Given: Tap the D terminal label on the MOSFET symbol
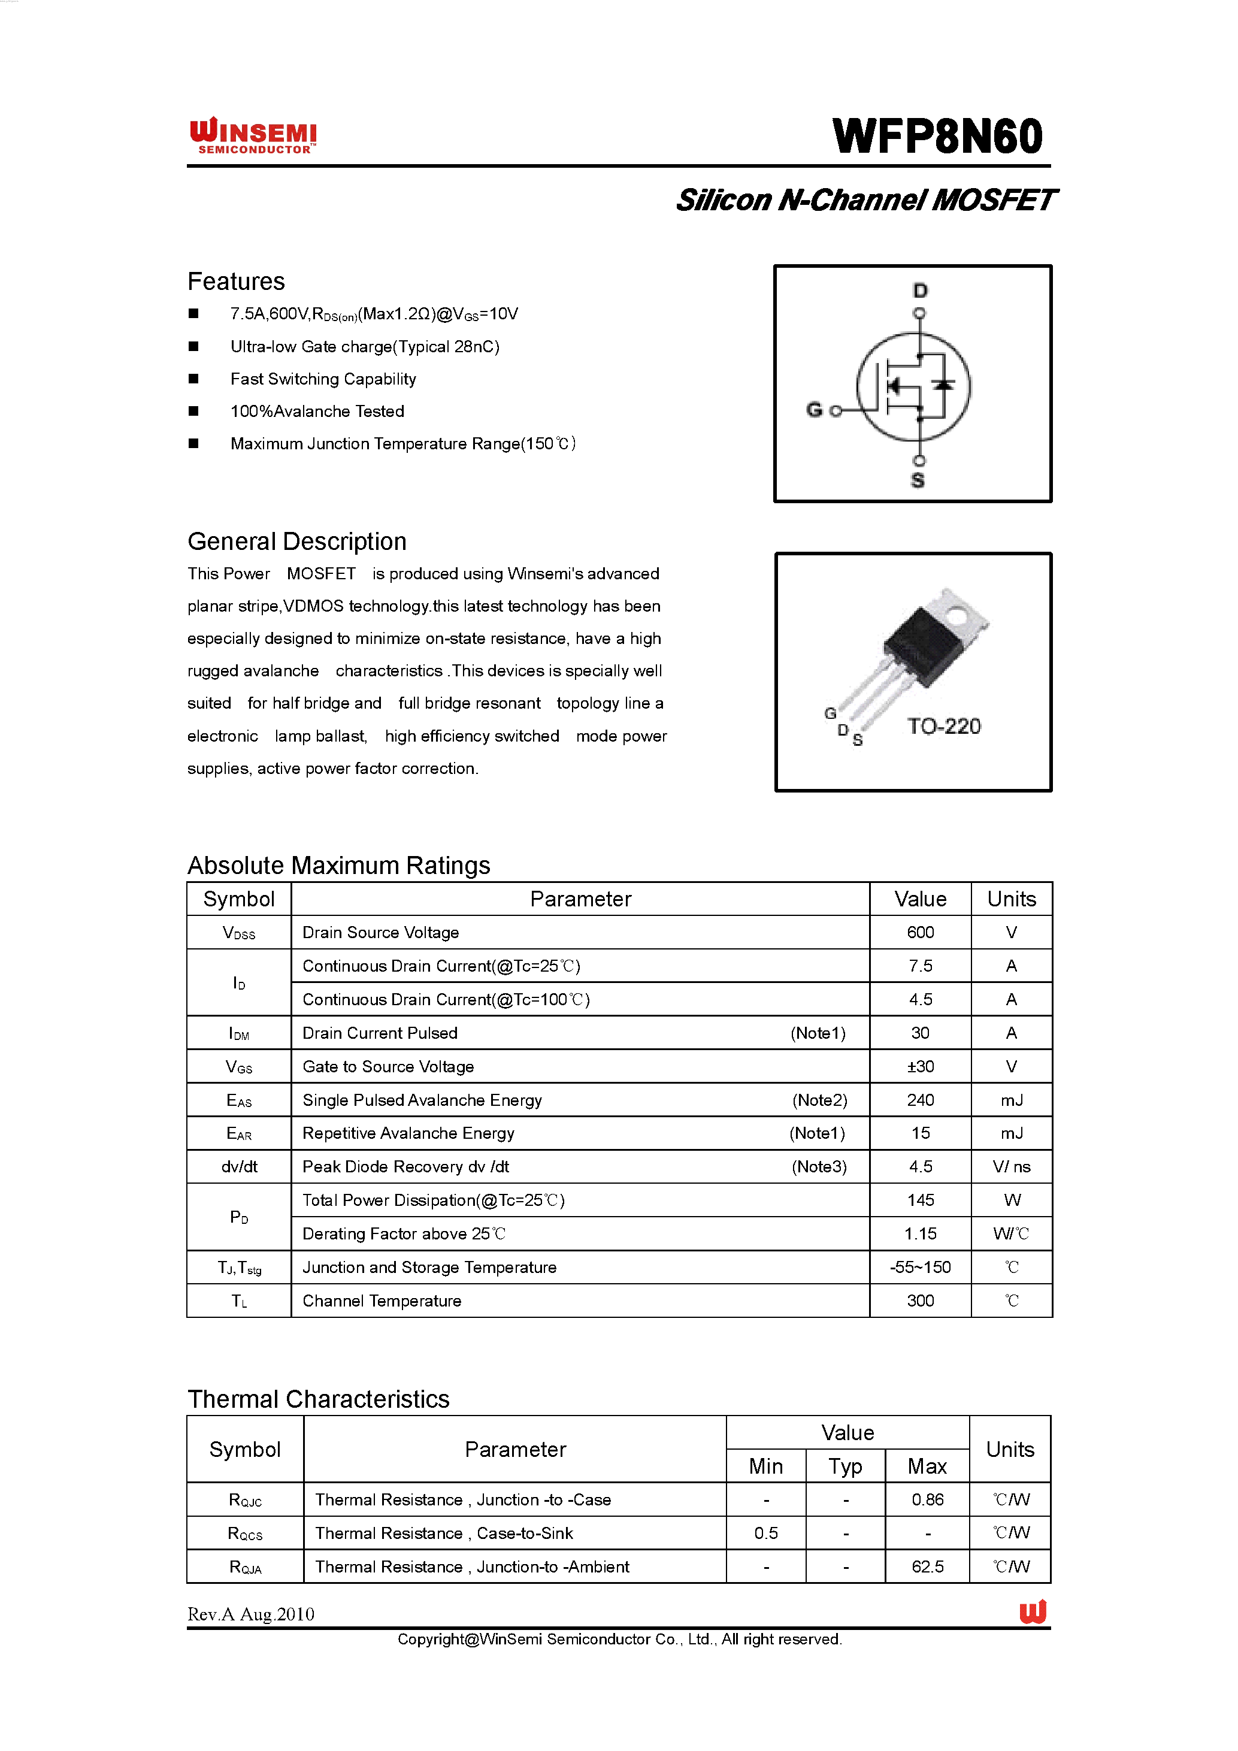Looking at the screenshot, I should coord(920,291).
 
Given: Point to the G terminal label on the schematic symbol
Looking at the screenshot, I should coord(814,410).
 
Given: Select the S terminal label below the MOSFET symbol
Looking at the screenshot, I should coord(918,480).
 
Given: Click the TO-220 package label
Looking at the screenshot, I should coord(944,726).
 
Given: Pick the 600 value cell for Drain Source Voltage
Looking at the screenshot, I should coord(920,932).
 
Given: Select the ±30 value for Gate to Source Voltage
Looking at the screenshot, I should coord(920,1066).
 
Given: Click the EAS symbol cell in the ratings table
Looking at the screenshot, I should coord(238,1100).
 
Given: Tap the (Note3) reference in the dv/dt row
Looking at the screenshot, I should coord(819,1166).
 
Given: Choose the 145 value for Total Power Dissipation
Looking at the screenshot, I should coord(920,1200).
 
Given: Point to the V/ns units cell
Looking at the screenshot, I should coord(1011,1166).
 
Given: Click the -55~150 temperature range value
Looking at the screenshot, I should coord(920,1267).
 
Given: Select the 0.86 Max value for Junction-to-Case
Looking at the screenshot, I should coord(927,1499).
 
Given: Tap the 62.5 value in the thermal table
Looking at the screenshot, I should coord(927,1566).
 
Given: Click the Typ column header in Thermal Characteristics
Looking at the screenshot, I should coord(846,1466).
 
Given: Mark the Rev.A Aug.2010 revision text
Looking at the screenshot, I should coord(251,1614).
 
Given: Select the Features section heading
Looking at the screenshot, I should coord(237,282).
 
